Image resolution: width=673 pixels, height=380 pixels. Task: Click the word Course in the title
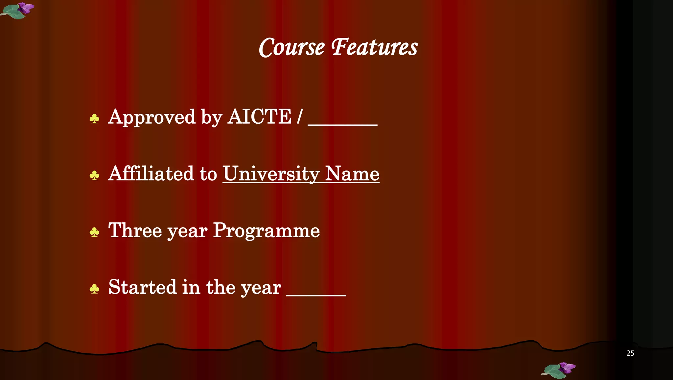[291, 48]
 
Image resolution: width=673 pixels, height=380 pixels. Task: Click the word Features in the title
[374, 48]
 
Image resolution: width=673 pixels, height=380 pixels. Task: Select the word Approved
[152, 117]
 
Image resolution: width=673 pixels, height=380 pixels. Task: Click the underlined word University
[271, 174]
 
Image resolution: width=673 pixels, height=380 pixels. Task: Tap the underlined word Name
[352, 174]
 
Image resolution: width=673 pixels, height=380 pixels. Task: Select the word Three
[135, 230]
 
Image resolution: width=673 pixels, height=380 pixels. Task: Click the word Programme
[267, 231]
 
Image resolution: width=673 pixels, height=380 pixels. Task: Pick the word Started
[142, 287]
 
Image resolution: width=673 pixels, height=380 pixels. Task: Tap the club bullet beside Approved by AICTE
[94, 119]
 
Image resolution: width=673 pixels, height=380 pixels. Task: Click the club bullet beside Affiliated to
[94, 176]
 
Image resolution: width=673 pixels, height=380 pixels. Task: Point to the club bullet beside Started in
[94, 289]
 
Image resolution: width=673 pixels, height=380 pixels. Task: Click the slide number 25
[630, 353]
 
